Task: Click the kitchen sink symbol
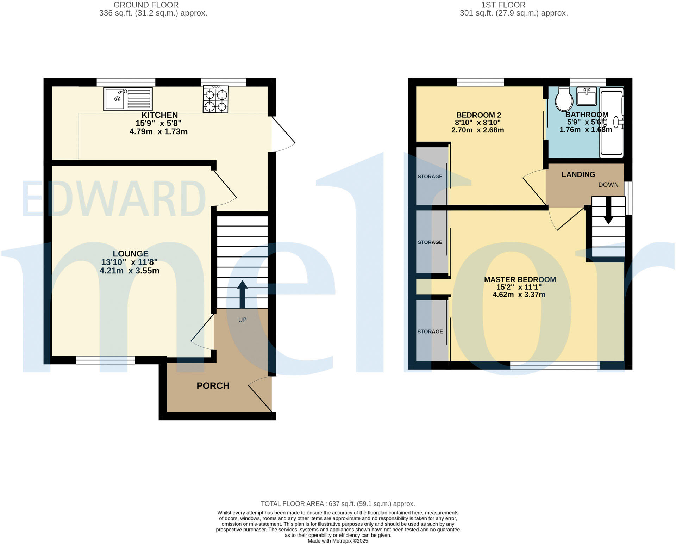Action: point(128,99)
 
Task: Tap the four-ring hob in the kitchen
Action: point(215,100)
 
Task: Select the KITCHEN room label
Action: point(159,115)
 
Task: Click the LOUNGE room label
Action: point(131,254)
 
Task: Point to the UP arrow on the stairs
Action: point(242,294)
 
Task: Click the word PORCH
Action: point(213,386)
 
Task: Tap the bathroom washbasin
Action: point(587,97)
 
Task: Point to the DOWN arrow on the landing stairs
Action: point(608,211)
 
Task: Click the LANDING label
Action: point(578,174)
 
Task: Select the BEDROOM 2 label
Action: point(478,115)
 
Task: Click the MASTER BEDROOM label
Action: point(520,279)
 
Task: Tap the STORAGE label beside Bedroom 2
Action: point(430,177)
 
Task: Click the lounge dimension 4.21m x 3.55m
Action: point(129,271)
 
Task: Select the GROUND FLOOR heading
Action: point(146,5)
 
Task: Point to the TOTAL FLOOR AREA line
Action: point(338,503)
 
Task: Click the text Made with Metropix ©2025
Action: point(338,541)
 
